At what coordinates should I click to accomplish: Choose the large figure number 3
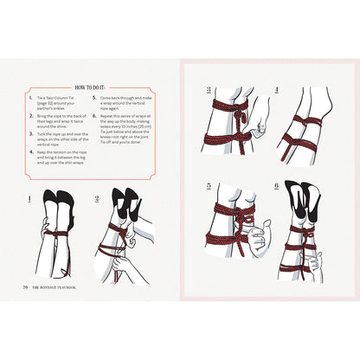[x=209, y=89]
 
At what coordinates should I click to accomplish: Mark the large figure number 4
[x=275, y=89]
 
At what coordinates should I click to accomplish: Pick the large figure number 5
[x=209, y=186]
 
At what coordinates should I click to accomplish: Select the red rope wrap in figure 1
[x=55, y=235]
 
